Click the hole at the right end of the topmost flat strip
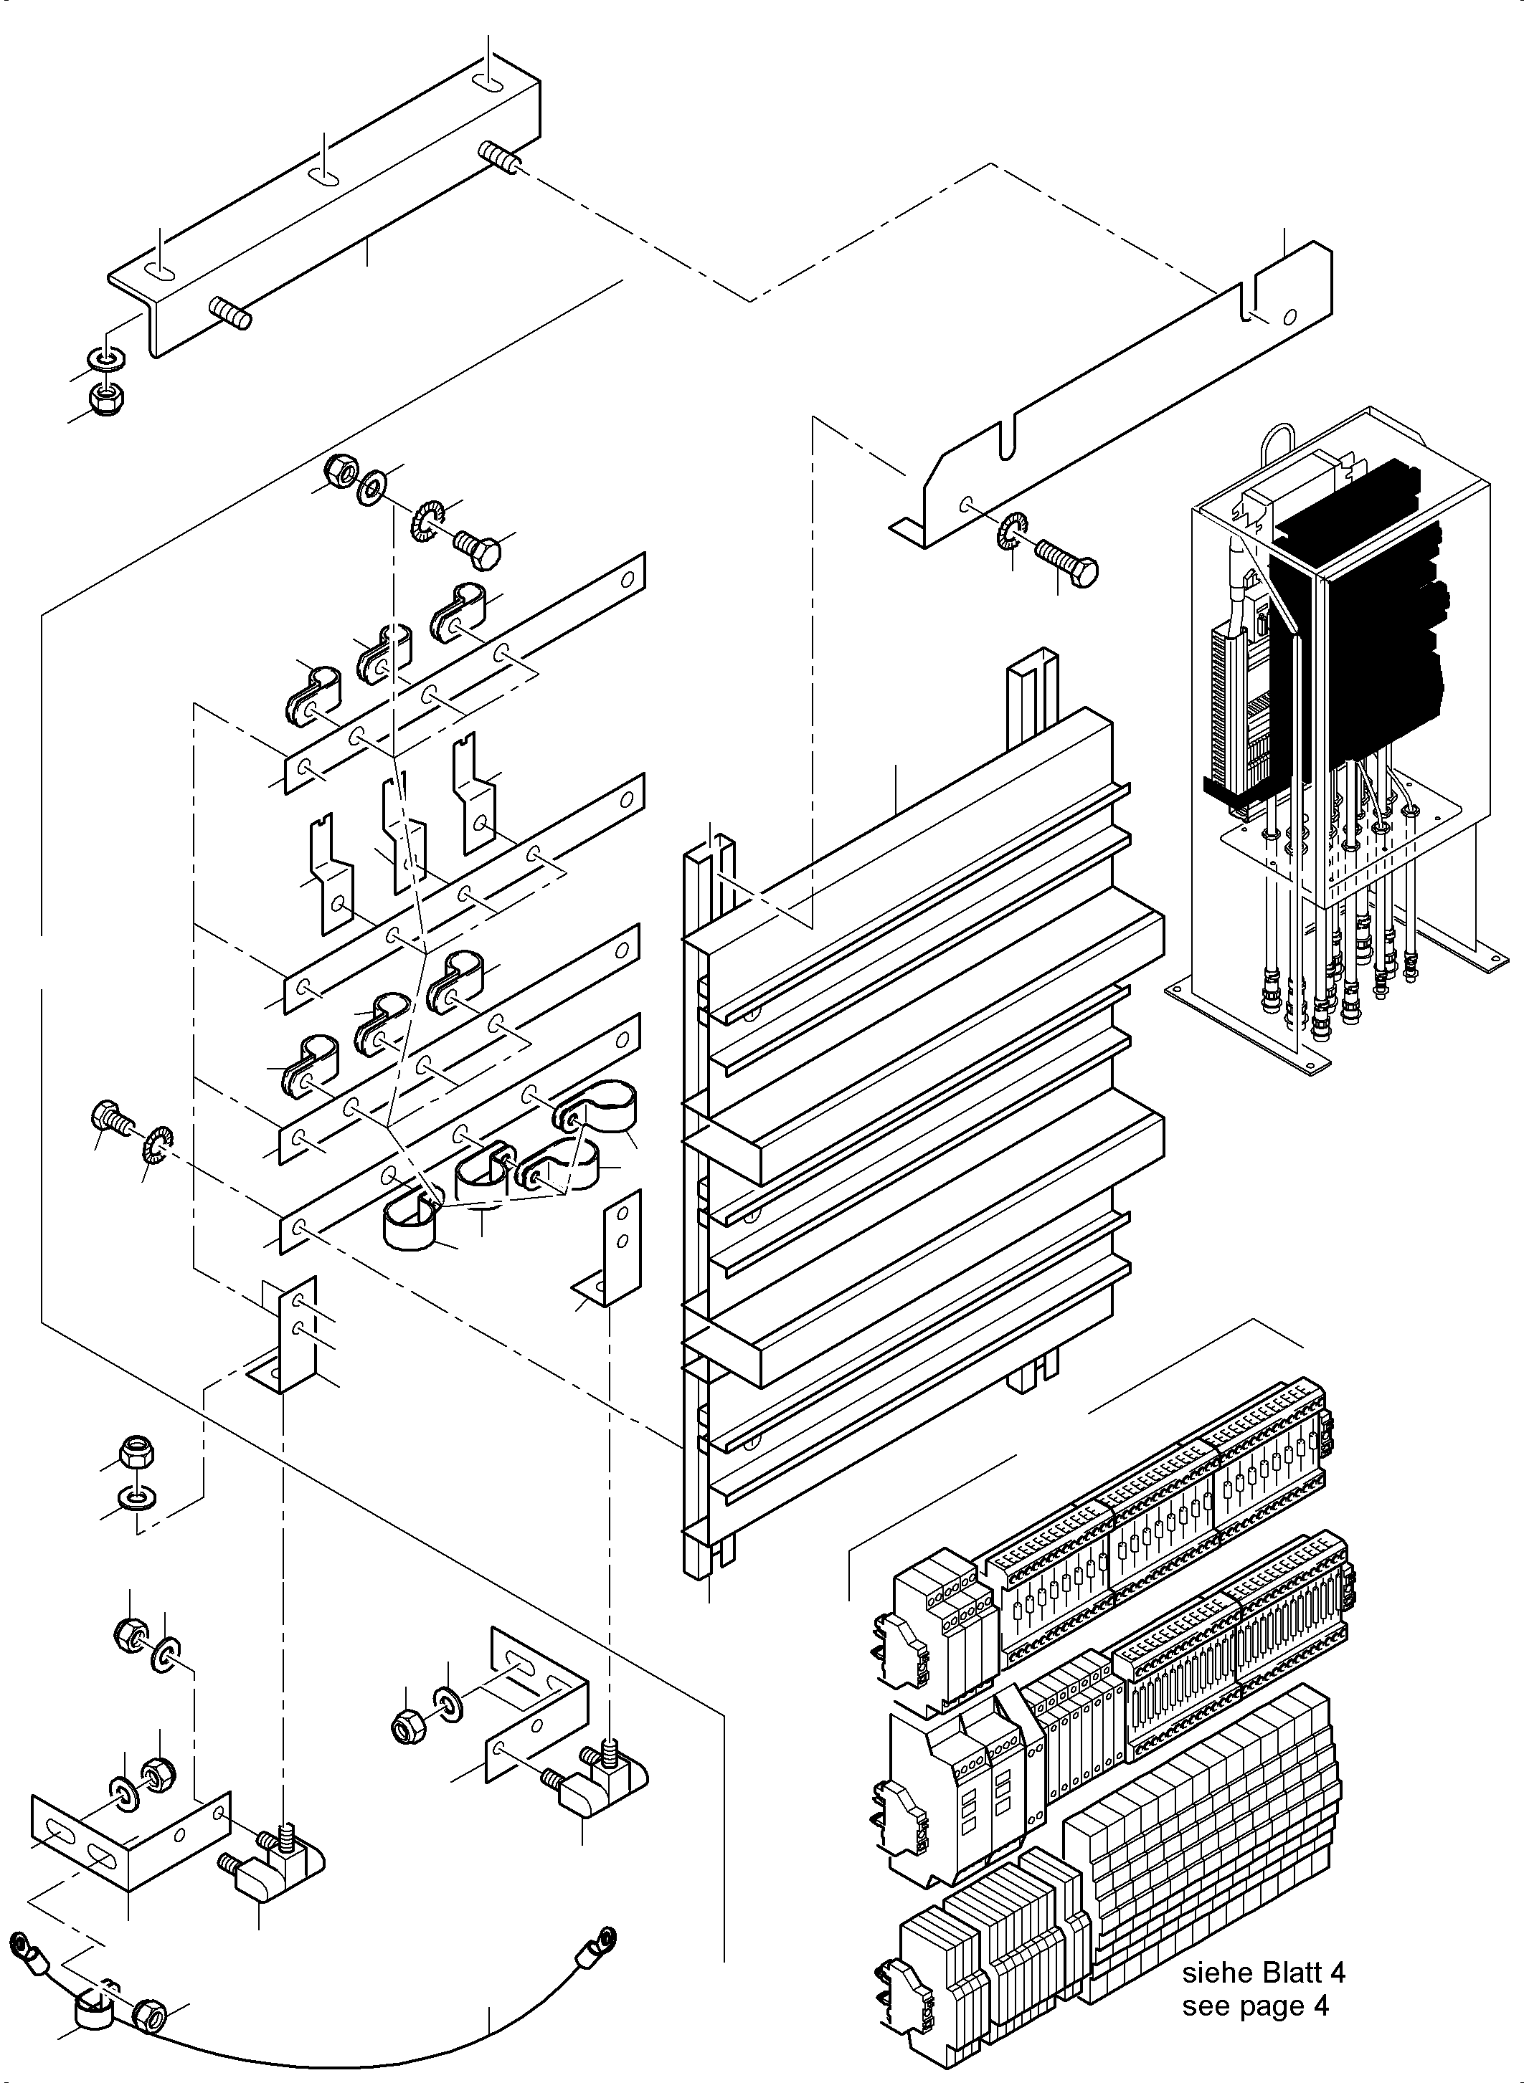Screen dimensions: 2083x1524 [628, 580]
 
